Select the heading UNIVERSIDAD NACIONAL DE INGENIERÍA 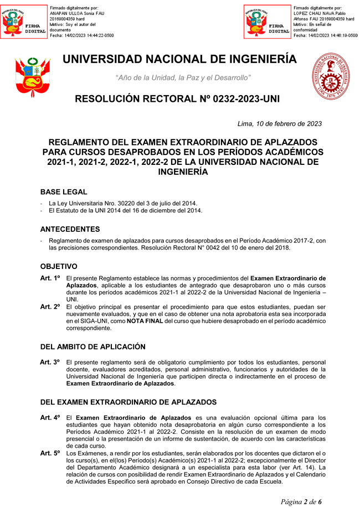[179, 60]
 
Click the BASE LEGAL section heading [64, 192]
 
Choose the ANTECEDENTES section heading [70, 229]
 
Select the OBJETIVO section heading [58, 266]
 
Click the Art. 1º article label [50, 278]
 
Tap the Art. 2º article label [50, 307]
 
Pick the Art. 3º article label [50, 362]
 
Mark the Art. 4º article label [50, 417]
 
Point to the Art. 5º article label [50, 453]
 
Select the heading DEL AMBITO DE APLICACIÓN [93, 347]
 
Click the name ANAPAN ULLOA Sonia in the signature [75, 13]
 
